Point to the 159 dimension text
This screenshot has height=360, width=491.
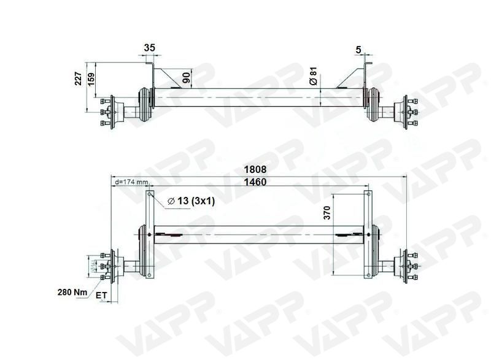[x=92, y=80]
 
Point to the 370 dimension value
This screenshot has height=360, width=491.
[x=327, y=213]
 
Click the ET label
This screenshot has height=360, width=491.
[x=102, y=296]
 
